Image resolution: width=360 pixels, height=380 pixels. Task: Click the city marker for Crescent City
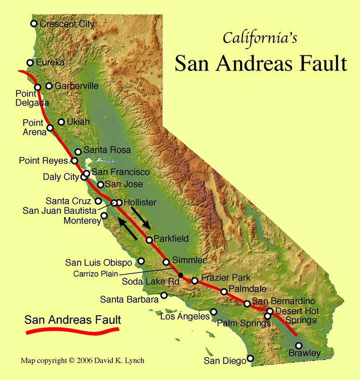(x=34, y=24)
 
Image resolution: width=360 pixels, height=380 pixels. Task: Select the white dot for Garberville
(x=49, y=86)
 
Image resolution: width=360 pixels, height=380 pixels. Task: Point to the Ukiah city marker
(x=61, y=122)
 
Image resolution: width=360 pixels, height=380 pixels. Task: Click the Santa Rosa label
(x=107, y=150)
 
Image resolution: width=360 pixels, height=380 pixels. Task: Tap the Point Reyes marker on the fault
(x=74, y=161)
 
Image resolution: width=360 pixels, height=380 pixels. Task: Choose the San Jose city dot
(x=101, y=185)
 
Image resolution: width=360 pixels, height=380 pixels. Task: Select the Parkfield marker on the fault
(x=149, y=240)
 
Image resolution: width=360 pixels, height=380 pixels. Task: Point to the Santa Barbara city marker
(x=164, y=295)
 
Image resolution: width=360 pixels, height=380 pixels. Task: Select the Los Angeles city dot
(x=214, y=312)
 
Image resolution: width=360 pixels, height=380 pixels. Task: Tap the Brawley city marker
(x=299, y=346)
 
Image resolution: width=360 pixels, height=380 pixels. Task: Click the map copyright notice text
(x=82, y=361)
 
